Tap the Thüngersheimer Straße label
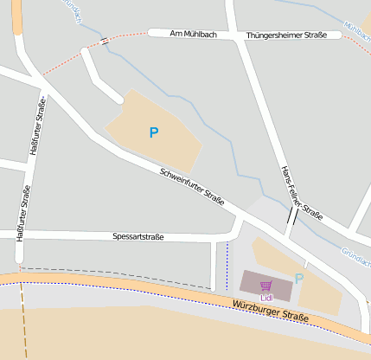(x=286, y=35)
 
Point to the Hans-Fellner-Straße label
(x=302, y=191)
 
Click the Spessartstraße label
(x=138, y=235)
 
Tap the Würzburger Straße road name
(x=271, y=312)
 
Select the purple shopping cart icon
(x=265, y=286)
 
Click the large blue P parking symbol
(x=154, y=132)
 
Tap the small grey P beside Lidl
(x=299, y=280)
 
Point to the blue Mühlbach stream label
(x=355, y=29)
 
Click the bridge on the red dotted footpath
(x=104, y=41)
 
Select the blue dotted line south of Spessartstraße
(x=227, y=264)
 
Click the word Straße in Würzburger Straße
(x=294, y=317)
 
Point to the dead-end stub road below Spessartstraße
(x=214, y=264)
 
